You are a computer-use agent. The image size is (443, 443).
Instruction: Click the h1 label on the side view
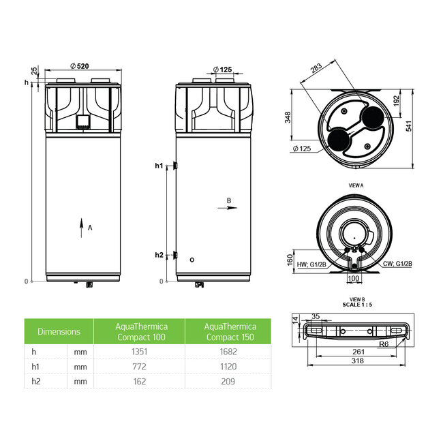click(x=159, y=166)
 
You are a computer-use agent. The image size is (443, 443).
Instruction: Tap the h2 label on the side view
click(x=159, y=255)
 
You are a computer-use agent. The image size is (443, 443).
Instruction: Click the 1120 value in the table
click(x=228, y=367)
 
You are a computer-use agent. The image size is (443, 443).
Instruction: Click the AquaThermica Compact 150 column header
click(x=228, y=331)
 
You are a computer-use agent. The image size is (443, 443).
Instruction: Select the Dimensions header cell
click(x=59, y=332)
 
